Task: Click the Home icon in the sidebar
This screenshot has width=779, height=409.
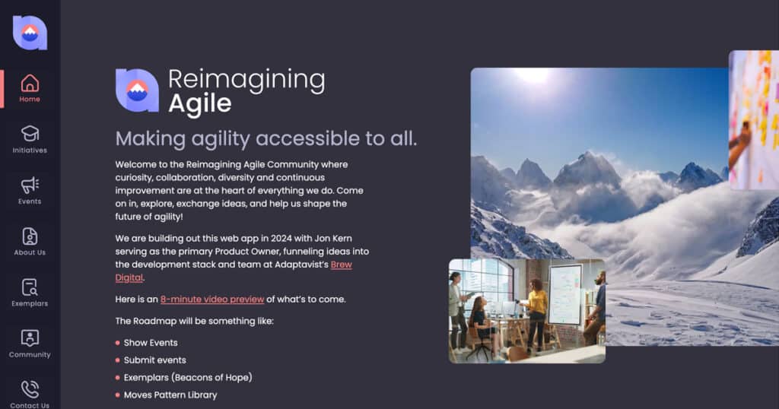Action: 30,83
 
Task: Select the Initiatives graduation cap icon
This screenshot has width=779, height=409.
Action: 30,134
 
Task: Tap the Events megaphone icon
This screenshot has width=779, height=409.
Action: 30,185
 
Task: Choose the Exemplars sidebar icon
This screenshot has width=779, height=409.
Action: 30,287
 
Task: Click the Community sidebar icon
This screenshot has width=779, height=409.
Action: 30,338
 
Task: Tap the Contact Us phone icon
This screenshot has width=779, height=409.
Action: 30,389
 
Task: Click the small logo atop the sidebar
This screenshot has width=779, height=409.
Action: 30,33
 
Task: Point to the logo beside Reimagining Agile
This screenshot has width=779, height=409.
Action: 137,90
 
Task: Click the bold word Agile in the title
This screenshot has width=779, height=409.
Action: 200,103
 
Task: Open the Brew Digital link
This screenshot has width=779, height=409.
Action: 234,271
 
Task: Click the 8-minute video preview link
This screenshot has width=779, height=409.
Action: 212,300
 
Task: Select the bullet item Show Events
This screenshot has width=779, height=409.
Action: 151,343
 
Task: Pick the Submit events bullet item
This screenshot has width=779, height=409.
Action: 155,360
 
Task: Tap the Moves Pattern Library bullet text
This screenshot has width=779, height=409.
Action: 170,395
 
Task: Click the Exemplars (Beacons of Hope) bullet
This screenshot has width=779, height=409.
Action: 188,378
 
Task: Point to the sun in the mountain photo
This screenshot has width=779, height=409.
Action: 533,75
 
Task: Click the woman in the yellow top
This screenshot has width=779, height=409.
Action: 536,312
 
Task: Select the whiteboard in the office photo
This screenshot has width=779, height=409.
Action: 565,294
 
